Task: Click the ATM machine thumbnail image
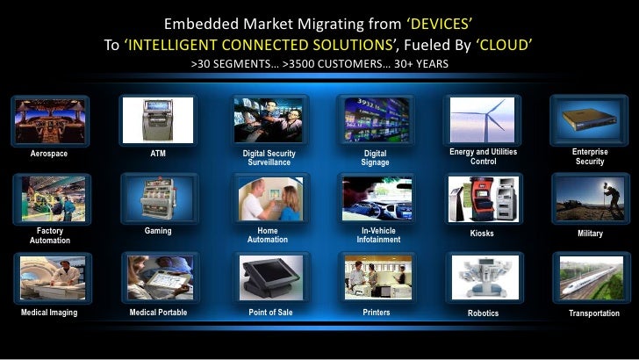pyautogui.click(x=158, y=119)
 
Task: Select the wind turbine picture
pyautogui.click(x=482, y=119)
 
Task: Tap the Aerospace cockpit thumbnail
pyautogui.click(x=49, y=119)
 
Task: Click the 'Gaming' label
pyautogui.click(x=158, y=231)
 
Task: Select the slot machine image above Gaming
pyautogui.click(x=158, y=198)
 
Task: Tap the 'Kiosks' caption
pyautogui.click(x=482, y=234)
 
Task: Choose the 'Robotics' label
pyautogui.click(x=482, y=313)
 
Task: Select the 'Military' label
pyautogui.click(x=590, y=234)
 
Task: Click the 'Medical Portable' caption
pyautogui.click(x=158, y=312)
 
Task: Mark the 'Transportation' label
pyautogui.click(x=593, y=313)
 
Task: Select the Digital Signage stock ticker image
pyautogui.click(x=375, y=119)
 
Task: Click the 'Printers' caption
pyautogui.click(x=376, y=312)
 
